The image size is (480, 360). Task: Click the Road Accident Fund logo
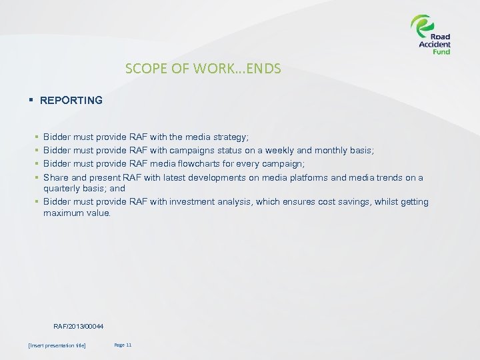tap(431, 35)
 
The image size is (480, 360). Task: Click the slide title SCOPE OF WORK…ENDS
tap(203, 69)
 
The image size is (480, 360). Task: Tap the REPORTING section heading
tap(71, 101)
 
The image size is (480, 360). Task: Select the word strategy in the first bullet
tap(229, 137)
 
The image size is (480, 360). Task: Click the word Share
tap(55, 177)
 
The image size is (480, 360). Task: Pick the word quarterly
tap(61, 189)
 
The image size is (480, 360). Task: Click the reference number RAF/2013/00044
tap(79, 325)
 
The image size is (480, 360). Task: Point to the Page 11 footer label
tap(123, 345)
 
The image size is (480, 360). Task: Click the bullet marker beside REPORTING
tap(31, 101)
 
